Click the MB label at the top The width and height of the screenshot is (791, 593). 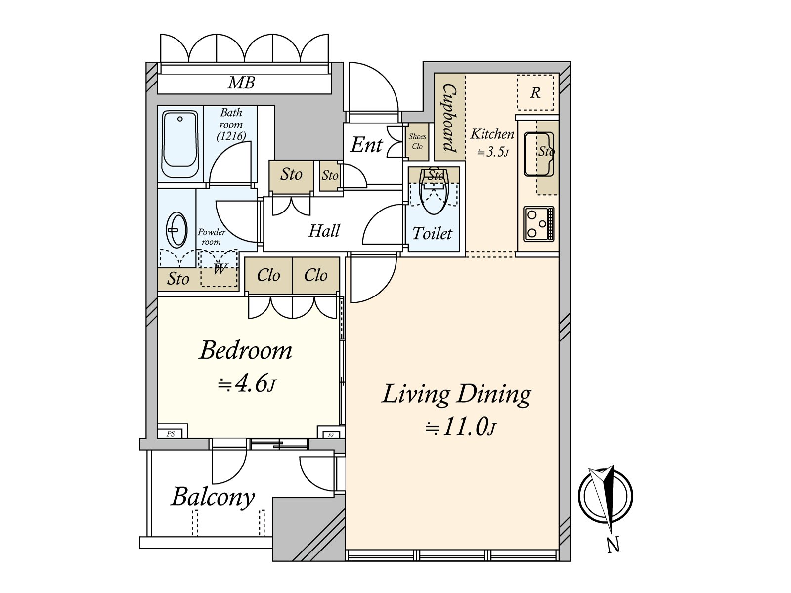click(241, 83)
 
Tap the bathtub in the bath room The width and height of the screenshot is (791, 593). click(180, 144)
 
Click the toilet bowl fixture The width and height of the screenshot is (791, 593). click(434, 192)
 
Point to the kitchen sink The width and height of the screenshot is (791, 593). click(539, 154)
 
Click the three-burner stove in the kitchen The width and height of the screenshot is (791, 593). click(539, 223)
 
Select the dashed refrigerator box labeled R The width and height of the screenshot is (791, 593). click(535, 92)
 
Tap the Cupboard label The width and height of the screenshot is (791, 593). click(449, 118)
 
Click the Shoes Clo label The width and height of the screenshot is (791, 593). click(417, 141)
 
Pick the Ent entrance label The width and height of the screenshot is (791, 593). click(366, 145)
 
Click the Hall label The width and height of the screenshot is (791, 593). click(324, 230)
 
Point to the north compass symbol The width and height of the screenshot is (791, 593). click(606, 497)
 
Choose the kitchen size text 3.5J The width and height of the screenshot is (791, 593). click(493, 152)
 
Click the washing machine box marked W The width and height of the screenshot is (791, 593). click(219, 268)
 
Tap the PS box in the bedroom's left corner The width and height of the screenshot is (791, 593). click(173, 430)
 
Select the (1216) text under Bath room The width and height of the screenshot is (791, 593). click(231, 136)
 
